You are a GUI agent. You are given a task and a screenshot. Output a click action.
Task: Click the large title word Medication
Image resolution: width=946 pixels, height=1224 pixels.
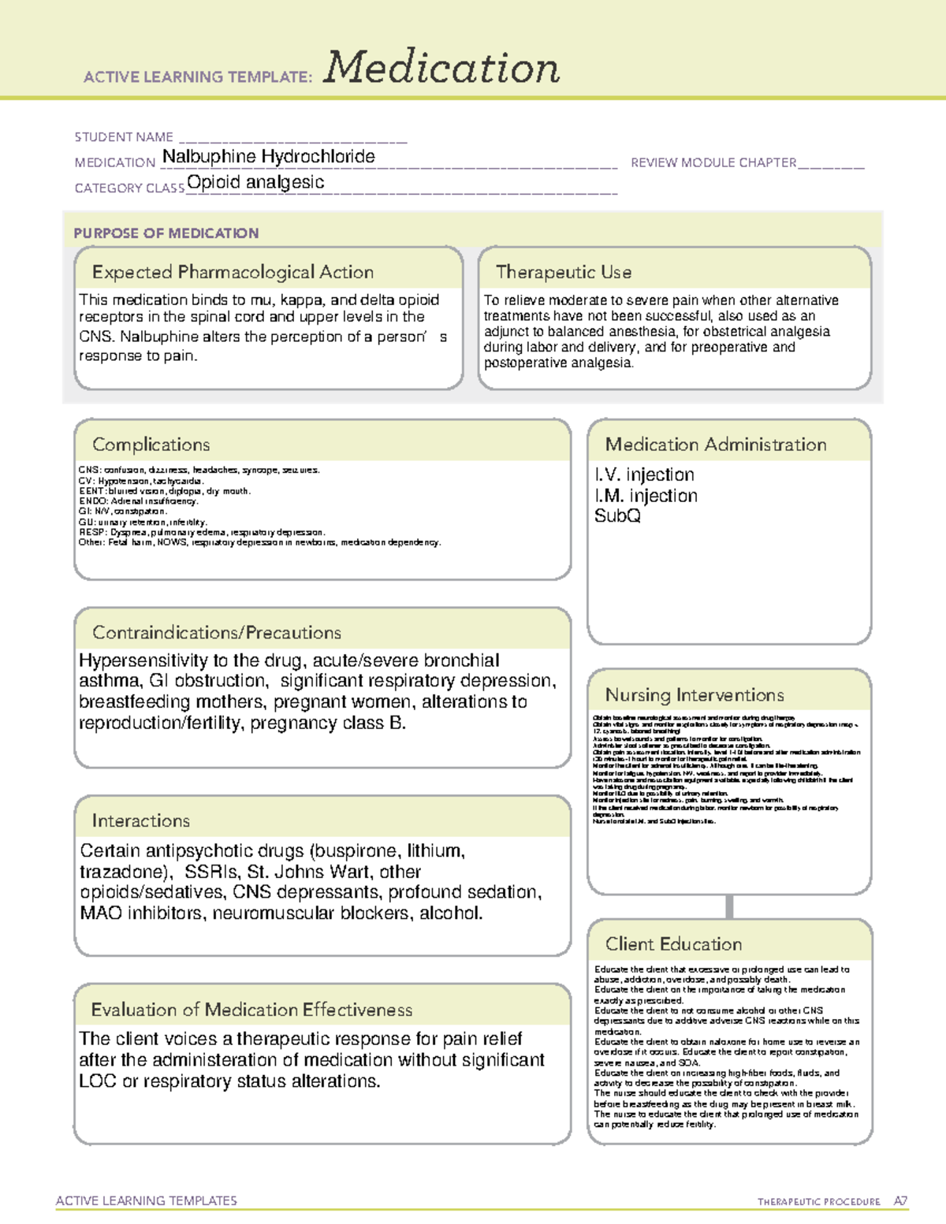point(441,68)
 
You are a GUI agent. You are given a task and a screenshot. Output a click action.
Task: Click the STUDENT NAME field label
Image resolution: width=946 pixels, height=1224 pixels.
point(124,137)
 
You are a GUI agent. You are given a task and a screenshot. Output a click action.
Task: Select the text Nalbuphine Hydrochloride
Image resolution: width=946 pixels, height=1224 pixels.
point(268,157)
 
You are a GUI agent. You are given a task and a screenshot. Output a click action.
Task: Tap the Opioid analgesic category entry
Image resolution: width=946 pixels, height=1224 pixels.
point(255,183)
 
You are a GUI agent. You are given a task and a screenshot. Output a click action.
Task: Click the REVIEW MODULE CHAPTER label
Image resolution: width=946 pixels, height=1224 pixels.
point(713,162)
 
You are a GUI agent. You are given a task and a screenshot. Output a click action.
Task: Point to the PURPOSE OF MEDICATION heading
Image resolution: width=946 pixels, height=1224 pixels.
point(166,233)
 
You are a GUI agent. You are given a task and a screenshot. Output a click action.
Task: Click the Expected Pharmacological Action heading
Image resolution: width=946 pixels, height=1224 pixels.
point(233,272)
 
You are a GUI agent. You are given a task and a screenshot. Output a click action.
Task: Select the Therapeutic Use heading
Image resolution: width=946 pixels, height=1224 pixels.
point(564,272)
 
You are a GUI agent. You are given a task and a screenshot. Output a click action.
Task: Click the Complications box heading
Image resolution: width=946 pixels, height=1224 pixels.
point(151,445)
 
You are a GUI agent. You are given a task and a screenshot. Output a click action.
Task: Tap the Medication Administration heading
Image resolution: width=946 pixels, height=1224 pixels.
point(716,445)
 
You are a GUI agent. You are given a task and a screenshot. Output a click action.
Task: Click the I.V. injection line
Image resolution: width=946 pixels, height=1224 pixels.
point(645,474)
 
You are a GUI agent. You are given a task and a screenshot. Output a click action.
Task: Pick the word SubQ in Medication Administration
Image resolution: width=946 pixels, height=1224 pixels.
point(617,516)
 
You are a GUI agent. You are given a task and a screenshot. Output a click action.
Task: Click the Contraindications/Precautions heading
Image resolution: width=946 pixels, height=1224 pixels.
point(217,633)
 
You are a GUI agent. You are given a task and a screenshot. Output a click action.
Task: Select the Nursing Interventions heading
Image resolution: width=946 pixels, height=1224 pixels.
point(695,695)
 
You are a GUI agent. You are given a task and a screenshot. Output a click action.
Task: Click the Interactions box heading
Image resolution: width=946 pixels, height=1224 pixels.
point(141,821)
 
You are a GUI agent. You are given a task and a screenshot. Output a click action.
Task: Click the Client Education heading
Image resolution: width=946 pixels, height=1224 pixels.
point(673,944)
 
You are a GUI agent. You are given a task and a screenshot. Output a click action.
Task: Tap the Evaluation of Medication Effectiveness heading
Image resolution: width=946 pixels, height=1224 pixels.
point(251,1010)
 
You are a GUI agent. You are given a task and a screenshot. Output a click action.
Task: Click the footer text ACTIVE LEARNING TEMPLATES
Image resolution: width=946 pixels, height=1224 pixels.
point(147,1200)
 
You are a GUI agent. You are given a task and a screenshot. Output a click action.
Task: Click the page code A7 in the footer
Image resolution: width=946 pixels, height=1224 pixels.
point(900,1201)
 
